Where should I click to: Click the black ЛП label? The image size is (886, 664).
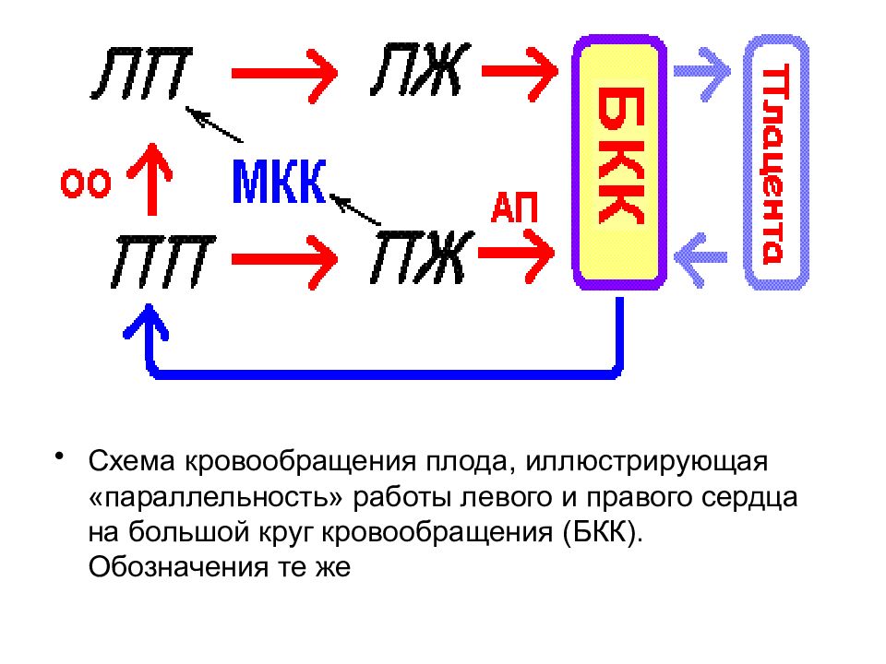(141, 74)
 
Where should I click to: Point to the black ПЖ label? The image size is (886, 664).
(422, 257)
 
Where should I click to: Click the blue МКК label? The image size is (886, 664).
(279, 182)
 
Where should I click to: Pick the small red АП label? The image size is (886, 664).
(514, 207)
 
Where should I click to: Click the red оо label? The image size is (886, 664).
(85, 184)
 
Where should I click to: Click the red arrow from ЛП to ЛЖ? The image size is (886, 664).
(285, 74)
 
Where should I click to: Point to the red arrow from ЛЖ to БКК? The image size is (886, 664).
(520, 72)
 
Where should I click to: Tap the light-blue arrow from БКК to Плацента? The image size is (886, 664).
(702, 72)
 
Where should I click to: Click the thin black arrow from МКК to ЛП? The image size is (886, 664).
(214, 125)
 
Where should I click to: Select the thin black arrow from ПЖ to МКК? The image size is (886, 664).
(354, 209)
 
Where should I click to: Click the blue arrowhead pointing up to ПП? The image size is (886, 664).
(147, 323)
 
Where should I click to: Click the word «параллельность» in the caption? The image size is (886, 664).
(216, 498)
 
